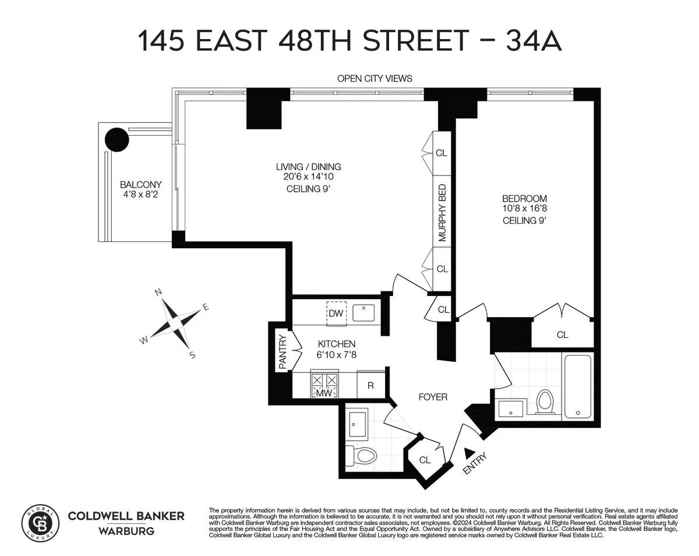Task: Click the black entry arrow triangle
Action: point(469,453)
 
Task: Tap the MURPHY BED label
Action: point(442,213)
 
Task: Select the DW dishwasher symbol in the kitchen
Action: point(336,313)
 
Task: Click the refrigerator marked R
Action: point(370,386)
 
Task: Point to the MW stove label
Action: point(323,393)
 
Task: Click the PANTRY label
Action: point(283,351)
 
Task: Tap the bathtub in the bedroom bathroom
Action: point(577,386)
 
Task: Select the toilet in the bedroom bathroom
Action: point(545,402)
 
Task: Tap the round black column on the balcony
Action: point(116,140)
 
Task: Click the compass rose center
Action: point(175,321)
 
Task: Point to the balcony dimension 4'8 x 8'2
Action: point(140,194)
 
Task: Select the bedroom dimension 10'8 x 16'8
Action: point(525,209)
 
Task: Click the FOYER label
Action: point(433,397)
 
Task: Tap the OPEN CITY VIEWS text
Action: point(375,78)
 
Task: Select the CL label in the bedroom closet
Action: point(562,335)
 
